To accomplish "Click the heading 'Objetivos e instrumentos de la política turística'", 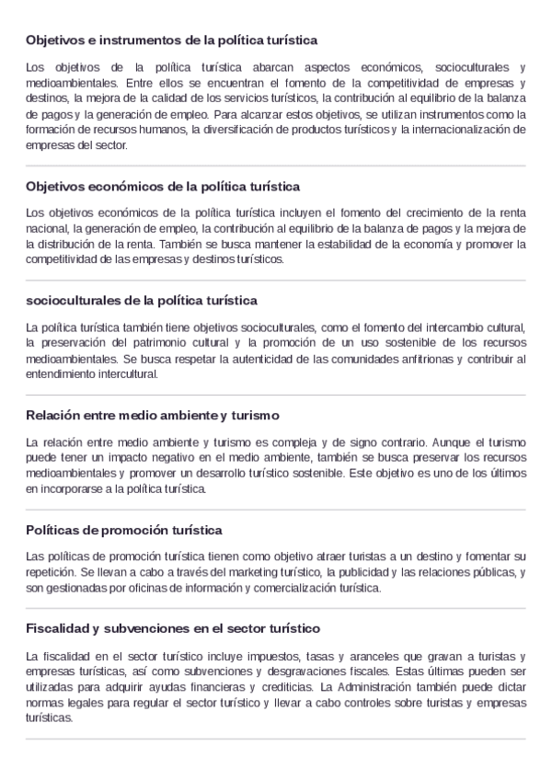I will (x=172, y=41).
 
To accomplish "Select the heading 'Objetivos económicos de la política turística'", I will (x=163, y=186).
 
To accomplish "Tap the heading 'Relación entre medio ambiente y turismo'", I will (x=153, y=415).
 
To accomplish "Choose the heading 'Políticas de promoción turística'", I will (x=124, y=531).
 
